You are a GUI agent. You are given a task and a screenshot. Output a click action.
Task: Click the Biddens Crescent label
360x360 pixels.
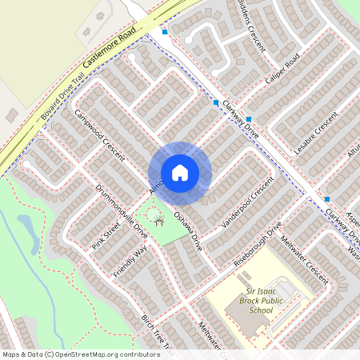(x=254, y=22)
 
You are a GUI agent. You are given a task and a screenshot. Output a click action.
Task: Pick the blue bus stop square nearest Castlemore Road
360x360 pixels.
(x=165, y=32)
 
